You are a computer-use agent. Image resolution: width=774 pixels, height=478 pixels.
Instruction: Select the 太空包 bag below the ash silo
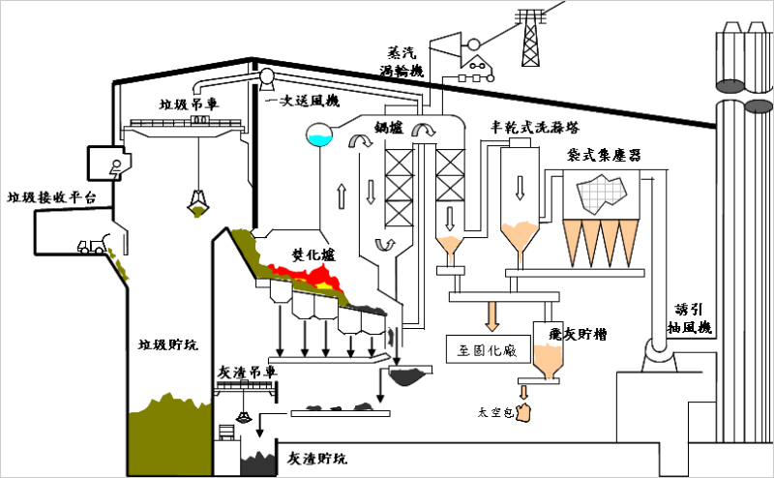pyautogui.click(x=525, y=413)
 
